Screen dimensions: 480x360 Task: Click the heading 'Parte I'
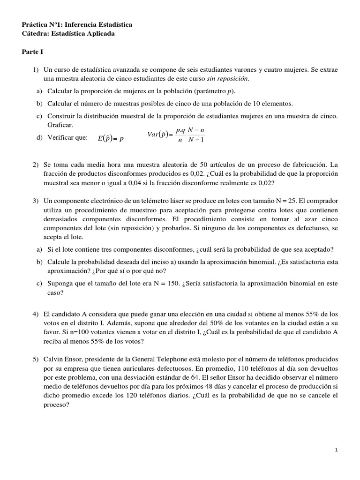pos(32,52)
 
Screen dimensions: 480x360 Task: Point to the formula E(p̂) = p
pos(111,138)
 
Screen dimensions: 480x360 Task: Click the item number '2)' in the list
pos(36,165)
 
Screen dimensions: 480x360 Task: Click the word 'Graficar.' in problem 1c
pos(60,126)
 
